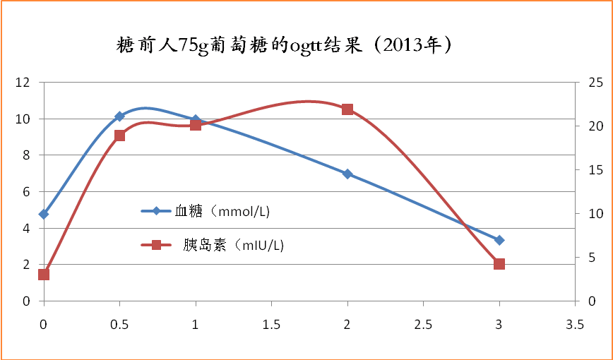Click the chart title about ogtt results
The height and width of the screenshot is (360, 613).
283,47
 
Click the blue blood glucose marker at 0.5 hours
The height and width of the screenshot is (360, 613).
119,116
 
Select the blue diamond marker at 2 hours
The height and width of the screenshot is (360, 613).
347,174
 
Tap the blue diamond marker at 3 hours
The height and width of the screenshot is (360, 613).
499,240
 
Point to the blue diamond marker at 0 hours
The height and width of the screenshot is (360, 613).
44,214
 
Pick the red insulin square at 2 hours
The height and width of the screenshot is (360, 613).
347,109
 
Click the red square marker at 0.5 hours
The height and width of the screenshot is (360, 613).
119,136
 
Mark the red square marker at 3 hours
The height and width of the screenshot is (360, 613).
499,264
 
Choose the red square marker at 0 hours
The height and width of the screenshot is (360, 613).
44,275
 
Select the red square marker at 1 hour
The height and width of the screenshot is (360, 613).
196,125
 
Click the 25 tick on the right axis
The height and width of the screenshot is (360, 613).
595,83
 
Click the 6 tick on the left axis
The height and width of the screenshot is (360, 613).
27,192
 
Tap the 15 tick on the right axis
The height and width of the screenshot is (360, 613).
595,170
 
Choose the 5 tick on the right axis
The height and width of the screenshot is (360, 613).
593,258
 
